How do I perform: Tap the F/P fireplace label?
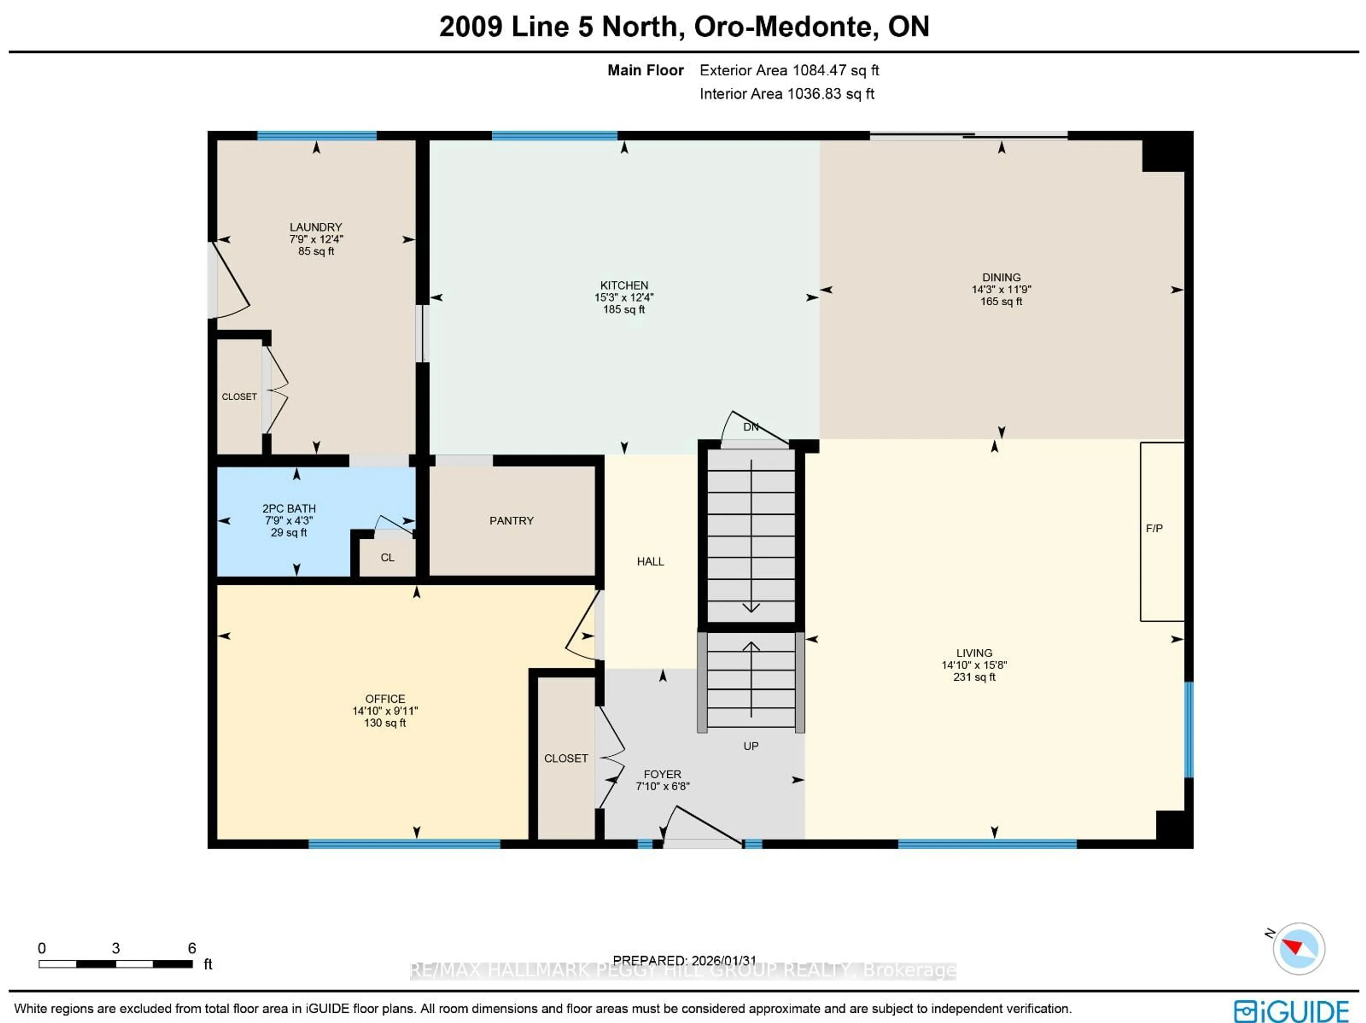(1154, 528)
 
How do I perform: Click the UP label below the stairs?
(750, 745)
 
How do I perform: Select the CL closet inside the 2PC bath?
(387, 557)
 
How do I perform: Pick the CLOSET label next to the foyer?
(566, 758)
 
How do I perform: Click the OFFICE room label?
(385, 699)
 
